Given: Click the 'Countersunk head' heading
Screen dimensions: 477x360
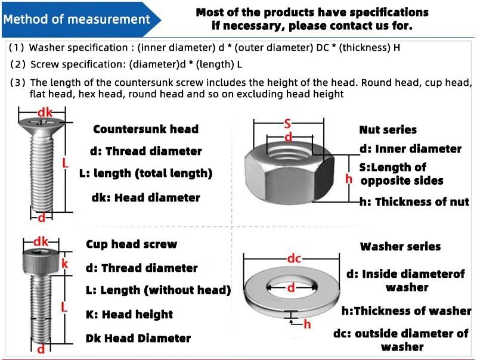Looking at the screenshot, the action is (x=145, y=129).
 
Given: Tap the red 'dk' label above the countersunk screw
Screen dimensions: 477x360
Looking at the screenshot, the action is (x=45, y=113).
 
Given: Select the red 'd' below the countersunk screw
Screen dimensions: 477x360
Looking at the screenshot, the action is (x=41, y=218).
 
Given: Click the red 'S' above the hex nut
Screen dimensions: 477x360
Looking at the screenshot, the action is (x=287, y=124).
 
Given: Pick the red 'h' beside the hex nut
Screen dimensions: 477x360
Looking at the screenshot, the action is (x=349, y=178).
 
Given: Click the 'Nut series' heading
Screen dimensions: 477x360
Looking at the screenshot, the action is (x=388, y=130).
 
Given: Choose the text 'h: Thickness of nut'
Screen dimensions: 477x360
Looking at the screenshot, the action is (x=414, y=202).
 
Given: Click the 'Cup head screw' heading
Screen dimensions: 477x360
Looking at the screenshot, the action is (x=131, y=244).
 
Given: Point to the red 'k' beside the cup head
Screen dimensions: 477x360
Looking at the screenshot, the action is (x=65, y=263).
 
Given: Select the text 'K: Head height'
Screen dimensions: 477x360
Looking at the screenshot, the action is (x=129, y=315).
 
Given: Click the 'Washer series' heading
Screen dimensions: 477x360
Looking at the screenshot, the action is (x=400, y=247).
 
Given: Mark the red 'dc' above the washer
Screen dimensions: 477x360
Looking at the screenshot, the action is (x=294, y=259).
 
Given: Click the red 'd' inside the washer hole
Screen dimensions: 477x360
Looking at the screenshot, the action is (x=291, y=288).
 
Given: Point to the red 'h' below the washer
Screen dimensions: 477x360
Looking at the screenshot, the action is (x=307, y=324).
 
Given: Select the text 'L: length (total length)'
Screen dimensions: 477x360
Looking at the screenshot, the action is (x=145, y=173).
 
